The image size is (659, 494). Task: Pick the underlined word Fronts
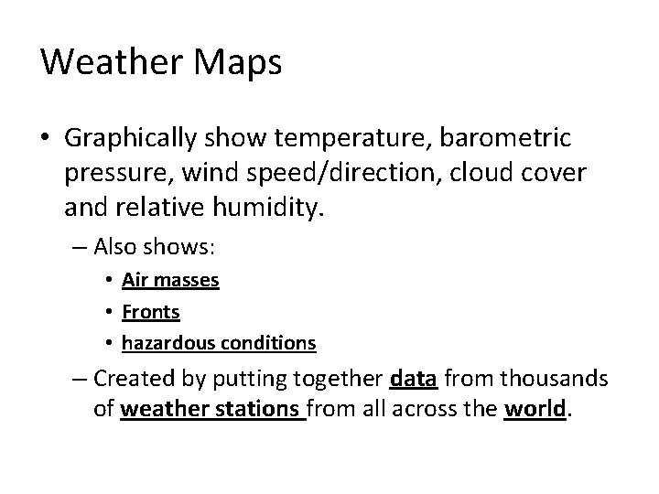click(150, 313)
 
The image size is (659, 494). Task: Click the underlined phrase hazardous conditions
click(219, 344)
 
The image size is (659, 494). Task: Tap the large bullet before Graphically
click(49, 139)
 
